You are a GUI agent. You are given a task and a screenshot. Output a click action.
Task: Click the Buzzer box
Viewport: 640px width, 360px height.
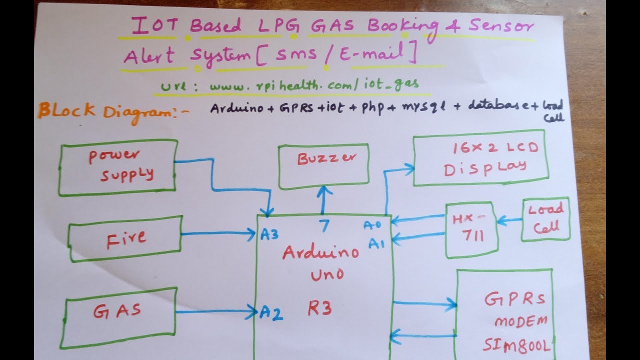click(324, 166)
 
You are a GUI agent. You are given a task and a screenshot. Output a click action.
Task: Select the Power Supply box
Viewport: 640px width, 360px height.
click(118, 167)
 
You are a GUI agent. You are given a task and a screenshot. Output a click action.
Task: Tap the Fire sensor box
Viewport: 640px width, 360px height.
click(125, 238)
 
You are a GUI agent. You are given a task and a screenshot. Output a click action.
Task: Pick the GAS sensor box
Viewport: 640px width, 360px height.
click(118, 317)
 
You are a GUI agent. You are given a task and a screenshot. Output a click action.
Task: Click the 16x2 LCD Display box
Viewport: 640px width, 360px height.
click(480, 160)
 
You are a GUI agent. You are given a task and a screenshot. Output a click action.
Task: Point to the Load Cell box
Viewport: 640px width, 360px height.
click(545, 219)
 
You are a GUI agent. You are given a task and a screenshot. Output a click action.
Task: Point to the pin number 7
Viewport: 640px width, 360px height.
click(324, 226)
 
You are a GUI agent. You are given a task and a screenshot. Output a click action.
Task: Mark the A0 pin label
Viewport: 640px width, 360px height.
click(372, 225)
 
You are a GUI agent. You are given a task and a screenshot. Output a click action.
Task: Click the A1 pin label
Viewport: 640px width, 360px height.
click(376, 243)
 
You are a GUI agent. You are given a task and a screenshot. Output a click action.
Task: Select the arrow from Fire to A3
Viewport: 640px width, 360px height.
click(218, 233)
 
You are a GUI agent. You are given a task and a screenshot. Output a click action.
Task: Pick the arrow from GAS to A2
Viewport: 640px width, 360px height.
click(217, 312)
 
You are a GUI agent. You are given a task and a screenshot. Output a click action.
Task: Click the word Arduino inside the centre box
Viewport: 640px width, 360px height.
click(320, 252)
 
